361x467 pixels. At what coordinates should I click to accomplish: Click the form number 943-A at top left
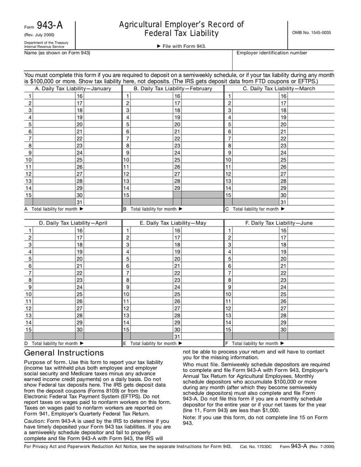click(x=51, y=26)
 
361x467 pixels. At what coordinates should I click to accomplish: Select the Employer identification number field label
click(x=272, y=53)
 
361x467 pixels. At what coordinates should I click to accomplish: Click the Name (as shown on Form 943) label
click(x=57, y=53)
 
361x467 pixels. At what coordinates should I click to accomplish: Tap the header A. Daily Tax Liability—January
click(x=73, y=88)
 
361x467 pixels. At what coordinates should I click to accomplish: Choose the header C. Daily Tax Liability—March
click(x=279, y=88)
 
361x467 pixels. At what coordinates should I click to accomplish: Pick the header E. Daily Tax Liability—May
click(x=173, y=223)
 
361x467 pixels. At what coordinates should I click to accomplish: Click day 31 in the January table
click(x=79, y=202)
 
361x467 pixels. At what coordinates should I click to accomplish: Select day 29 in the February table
click(x=177, y=188)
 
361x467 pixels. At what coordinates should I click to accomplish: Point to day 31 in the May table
click(x=177, y=337)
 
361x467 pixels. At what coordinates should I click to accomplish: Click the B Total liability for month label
click(x=153, y=209)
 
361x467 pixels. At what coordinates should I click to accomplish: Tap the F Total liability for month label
click(x=255, y=343)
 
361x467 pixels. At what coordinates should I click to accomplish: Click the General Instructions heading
click(x=64, y=353)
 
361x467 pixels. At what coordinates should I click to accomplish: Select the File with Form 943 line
click(x=180, y=46)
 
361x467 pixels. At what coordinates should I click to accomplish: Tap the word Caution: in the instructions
click(x=37, y=421)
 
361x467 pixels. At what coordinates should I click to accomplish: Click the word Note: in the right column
click(x=189, y=417)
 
